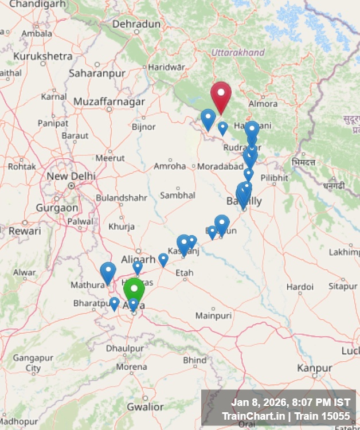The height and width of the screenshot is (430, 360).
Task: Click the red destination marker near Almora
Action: pos(221,95)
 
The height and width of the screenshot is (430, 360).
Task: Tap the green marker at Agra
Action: pos(134,289)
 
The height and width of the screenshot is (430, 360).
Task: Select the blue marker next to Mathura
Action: pos(108,272)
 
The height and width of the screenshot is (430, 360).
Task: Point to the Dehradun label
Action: pos(136,24)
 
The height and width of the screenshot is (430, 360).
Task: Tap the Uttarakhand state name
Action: pos(238,53)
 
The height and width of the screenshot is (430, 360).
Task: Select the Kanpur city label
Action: pos(315,368)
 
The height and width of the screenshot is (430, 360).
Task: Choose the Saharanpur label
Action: pos(97,73)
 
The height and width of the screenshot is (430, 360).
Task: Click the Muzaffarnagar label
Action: pos(109,101)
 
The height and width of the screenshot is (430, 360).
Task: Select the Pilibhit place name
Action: pos(274,178)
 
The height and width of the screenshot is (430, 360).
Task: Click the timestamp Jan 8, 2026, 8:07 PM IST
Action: pos(290,402)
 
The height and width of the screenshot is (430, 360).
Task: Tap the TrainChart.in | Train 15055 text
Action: pos(285,416)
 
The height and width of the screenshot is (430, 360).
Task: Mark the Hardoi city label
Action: pos(300,287)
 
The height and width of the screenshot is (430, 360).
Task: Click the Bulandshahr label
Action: pos(121,198)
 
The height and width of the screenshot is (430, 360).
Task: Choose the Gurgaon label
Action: pos(57,208)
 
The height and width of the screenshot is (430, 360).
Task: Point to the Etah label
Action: pos(184,272)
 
